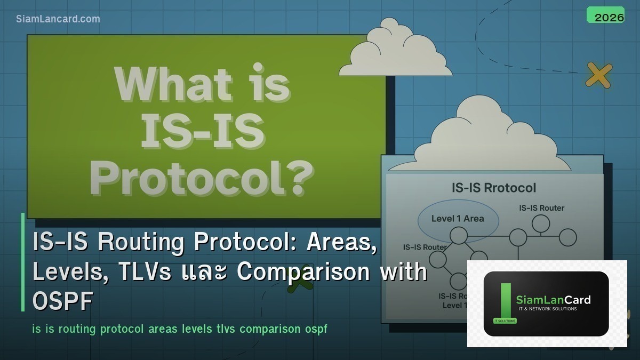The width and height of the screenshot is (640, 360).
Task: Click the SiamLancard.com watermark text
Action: [58, 19]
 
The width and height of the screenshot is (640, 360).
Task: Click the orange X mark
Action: [598, 75]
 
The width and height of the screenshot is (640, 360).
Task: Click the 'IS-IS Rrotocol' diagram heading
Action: [494, 188]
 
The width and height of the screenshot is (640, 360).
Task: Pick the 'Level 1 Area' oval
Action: [458, 219]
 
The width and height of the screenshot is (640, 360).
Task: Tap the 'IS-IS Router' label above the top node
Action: [541, 208]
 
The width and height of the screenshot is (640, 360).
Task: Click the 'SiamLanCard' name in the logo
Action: [553, 300]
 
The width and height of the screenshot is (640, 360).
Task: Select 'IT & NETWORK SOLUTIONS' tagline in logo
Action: [546, 309]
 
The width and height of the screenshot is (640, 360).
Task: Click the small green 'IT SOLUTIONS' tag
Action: [500, 321]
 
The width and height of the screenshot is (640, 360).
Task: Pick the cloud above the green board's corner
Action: [395, 51]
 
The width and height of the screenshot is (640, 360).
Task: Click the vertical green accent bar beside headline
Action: [23, 262]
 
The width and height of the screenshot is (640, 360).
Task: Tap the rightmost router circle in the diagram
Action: [568, 237]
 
